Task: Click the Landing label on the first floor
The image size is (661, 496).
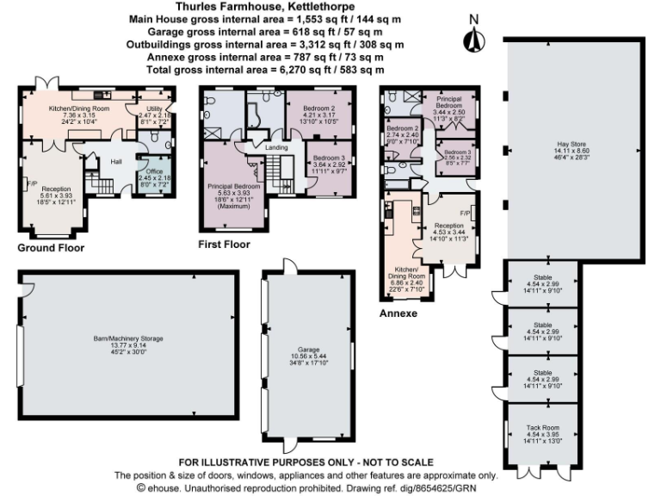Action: (x=275, y=147)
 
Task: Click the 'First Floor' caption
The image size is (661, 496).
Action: (x=224, y=245)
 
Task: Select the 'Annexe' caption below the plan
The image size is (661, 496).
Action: (x=398, y=313)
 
